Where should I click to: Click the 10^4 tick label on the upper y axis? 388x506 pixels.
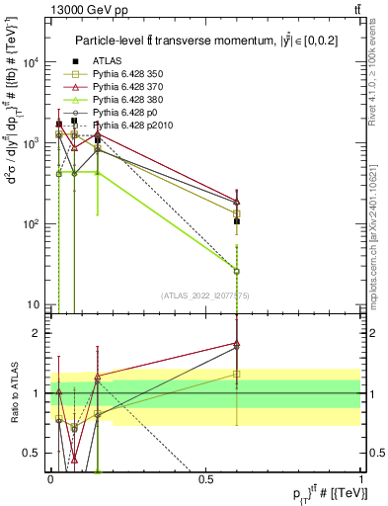tap(32, 62)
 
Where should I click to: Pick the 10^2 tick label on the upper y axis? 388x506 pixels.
tap(32, 224)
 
